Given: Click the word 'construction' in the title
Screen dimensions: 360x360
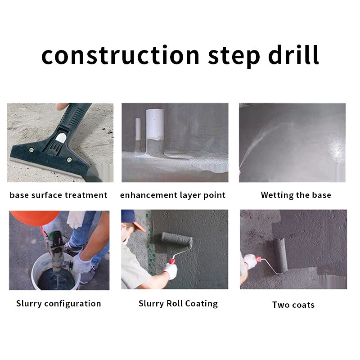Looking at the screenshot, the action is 120,55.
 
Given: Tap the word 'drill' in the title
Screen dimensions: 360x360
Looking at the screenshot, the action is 293,54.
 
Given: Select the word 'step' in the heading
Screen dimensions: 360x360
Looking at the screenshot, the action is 234,57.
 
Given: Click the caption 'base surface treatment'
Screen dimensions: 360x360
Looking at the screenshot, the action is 58,195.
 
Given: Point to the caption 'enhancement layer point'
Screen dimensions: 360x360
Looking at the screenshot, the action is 173,195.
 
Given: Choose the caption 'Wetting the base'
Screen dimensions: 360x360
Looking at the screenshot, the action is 296,195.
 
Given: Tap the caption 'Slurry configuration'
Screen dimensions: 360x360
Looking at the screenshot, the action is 58,304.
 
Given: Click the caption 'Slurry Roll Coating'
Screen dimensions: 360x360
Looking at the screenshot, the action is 178,304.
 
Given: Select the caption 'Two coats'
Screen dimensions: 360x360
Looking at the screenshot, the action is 293,305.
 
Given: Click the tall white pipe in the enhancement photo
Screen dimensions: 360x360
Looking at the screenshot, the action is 155,132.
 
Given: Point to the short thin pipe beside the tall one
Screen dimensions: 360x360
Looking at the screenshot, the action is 138,133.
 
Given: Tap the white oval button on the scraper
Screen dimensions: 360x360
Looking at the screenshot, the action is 61,138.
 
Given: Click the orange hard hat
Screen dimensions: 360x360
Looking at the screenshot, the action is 35,218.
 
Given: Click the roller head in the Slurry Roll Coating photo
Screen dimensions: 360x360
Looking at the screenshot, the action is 177,239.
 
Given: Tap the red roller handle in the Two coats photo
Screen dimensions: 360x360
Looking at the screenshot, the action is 258,259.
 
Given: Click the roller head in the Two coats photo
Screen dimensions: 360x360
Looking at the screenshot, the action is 280,255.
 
